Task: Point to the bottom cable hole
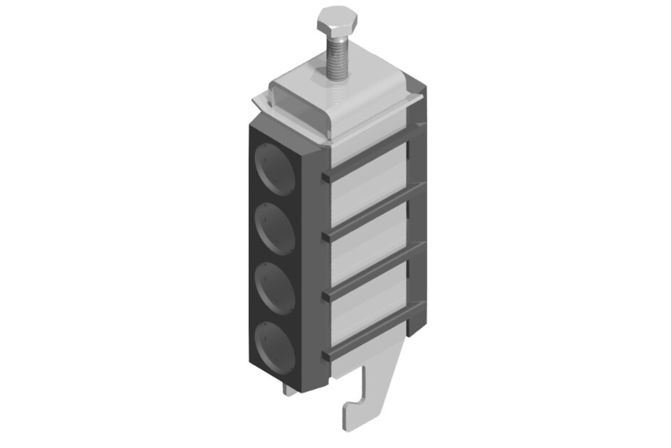pyautogui.click(x=275, y=348)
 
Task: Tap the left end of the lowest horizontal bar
pyautogui.click(x=326, y=355)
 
